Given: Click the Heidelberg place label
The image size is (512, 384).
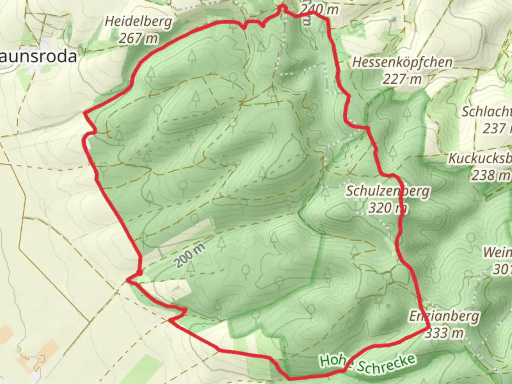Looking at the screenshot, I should tap(138, 22).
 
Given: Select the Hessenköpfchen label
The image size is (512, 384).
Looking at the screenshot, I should tap(402, 63).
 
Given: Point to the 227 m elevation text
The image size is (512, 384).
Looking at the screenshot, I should tap(402, 79).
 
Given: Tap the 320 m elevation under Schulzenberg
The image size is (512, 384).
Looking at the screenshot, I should tap(387, 208).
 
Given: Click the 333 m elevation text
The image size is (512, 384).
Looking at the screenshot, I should tap(444, 333).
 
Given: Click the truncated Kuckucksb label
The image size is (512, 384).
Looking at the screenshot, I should tap(480, 158).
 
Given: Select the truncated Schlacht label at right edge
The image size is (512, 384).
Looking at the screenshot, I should tap(486, 112).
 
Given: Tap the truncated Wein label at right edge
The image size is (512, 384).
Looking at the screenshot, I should tap(497, 253).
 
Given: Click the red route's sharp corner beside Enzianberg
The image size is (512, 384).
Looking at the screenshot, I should tap(429, 328).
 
